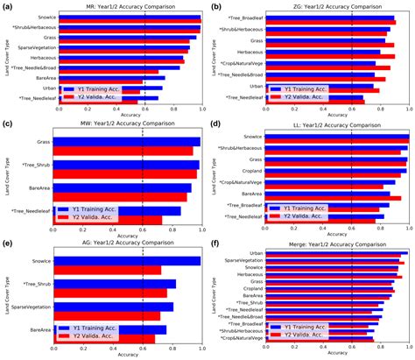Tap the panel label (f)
pos(216,247)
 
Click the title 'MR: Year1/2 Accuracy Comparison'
pos(126,7)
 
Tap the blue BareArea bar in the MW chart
pos(122,187)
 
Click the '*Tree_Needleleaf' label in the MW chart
pos(27,211)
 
